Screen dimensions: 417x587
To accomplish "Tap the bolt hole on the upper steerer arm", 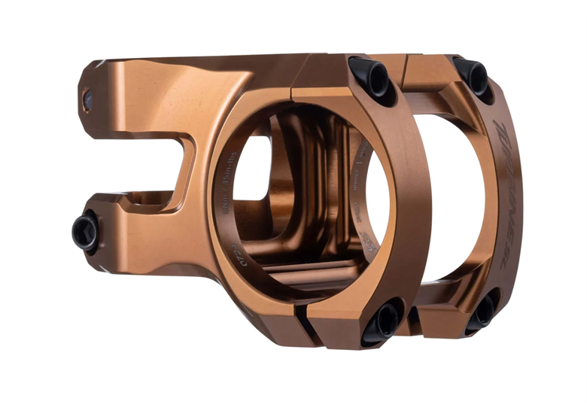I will (x=88, y=99).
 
